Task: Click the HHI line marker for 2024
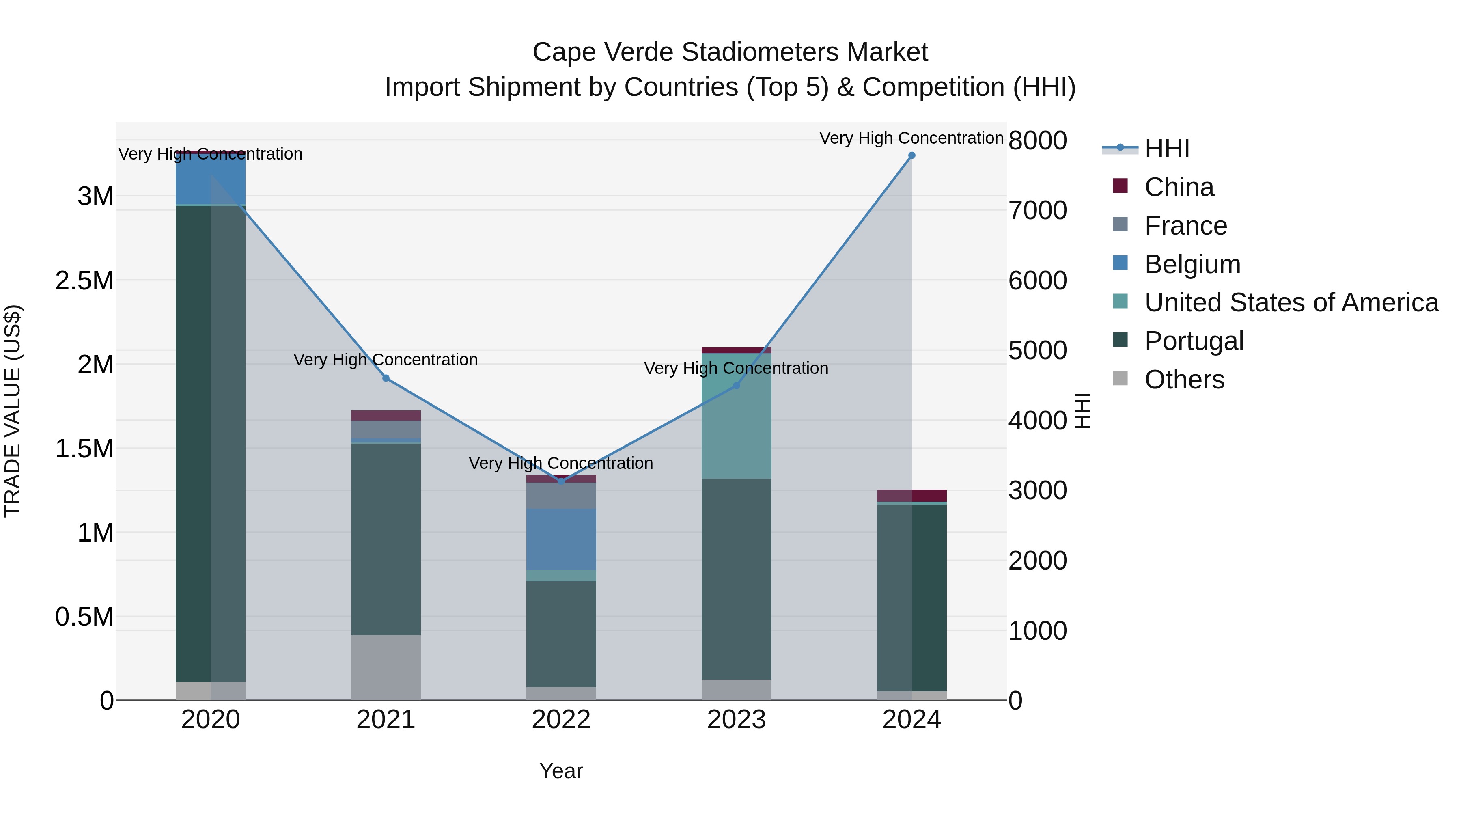click(912, 155)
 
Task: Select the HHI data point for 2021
click(386, 378)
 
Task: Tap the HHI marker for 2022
click(561, 481)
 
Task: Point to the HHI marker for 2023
click(736, 386)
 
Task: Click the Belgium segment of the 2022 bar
click(561, 539)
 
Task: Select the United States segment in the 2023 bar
click(736, 416)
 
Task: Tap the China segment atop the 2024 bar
click(912, 495)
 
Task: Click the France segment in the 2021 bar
click(386, 429)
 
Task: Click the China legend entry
click(1179, 187)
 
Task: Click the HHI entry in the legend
click(1167, 149)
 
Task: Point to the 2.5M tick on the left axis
click(84, 280)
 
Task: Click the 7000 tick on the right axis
click(1037, 210)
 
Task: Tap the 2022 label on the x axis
click(561, 720)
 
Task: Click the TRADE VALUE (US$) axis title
click(13, 411)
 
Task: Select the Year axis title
click(561, 771)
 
